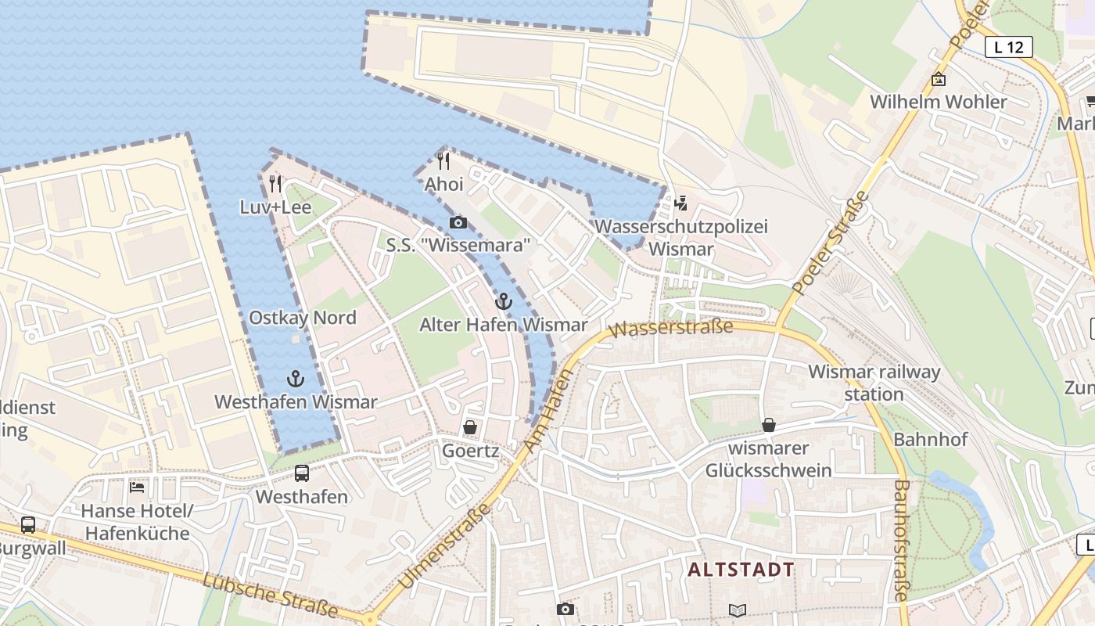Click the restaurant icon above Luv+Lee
[x=275, y=184]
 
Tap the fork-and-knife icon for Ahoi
[x=443, y=161]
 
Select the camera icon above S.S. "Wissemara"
[x=458, y=223]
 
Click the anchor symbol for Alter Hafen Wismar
[x=504, y=301]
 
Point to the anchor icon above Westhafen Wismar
[x=295, y=380]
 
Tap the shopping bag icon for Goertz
[x=470, y=427]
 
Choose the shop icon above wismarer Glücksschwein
[x=769, y=425]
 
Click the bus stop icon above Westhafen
[x=302, y=473]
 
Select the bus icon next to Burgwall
[x=28, y=525]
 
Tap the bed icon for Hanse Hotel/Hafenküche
[x=137, y=487]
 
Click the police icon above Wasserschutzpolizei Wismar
[x=680, y=203]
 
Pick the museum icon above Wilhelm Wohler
[x=939, y=79]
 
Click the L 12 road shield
[x=1008, y=47]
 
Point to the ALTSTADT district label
[x=741, y=570]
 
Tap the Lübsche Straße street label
[x=270, y=594]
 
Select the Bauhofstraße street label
[x=901, y=540]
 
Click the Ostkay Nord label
[x=302, y=318]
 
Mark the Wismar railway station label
[x=874, y=382]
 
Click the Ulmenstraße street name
[x=444, y=547]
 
